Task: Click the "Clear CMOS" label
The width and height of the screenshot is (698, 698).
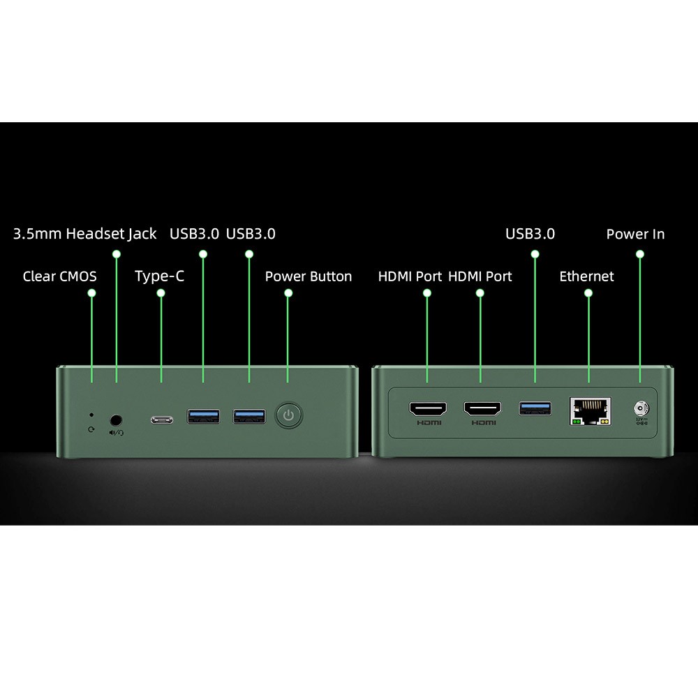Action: (59, 276)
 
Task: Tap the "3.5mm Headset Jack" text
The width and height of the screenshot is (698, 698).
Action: (84, 234)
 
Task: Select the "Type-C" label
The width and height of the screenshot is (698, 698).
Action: (159, 276)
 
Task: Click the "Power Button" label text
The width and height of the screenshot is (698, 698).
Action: (308, 276)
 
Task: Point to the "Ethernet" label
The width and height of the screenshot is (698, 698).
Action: (586, 276)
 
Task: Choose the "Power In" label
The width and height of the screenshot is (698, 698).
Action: (635, 234)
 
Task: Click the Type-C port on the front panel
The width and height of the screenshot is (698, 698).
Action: (161, 420)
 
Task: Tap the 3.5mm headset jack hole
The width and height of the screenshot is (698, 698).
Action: (117, 419)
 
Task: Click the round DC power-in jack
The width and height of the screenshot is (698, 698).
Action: (639, 408)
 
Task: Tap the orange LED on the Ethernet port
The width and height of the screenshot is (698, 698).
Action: (604, 422)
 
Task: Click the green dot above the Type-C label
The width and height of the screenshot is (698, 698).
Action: (161, 293)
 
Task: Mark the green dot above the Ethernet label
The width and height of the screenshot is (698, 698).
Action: (588, 293)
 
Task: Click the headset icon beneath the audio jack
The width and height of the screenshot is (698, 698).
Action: (117, 432)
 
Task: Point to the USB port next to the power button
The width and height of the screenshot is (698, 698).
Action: (249, 417)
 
